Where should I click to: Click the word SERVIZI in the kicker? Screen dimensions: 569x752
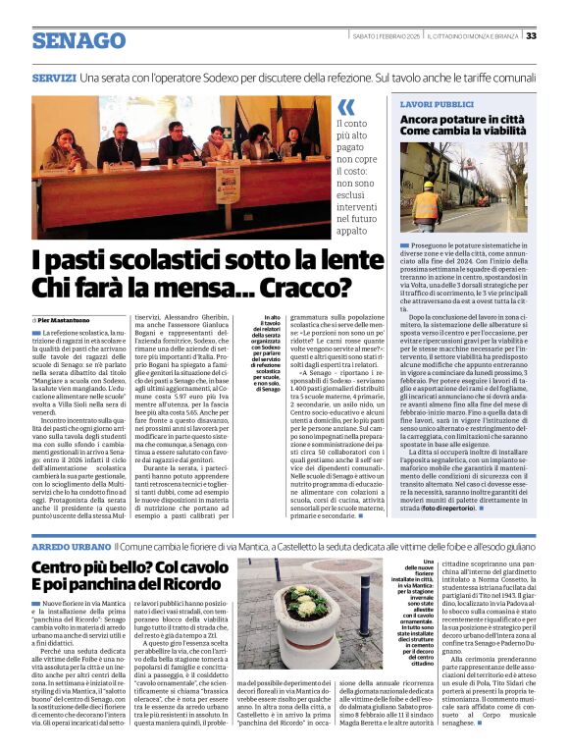[x=54, y=77]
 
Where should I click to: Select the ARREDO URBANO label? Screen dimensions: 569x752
[x=70, y=545]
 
